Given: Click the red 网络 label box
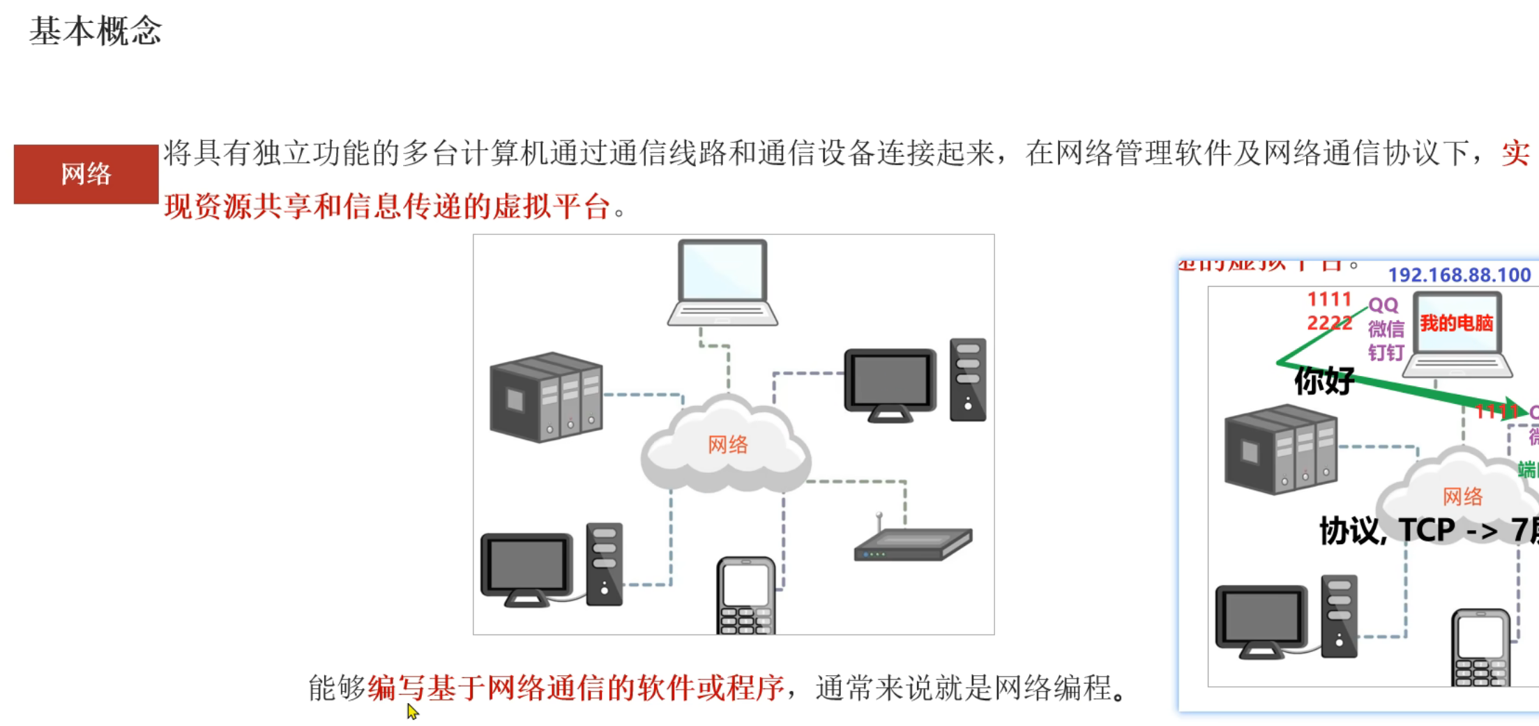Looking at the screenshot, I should tap(86, 174).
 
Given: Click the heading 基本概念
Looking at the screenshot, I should tap(96, 31).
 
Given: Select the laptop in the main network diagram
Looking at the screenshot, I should tap(723, 282).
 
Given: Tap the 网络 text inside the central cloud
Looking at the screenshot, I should tap(727, 444).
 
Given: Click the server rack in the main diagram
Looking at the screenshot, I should tap(546, 397).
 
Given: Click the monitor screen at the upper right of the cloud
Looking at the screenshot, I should tap(889, 381).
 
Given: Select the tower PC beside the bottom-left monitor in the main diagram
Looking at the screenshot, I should tap(604, 564).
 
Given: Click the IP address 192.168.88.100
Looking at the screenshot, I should tap(1459, 275).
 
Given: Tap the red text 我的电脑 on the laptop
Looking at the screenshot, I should tap(1457, 323).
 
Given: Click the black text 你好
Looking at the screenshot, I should tap(1324, 381).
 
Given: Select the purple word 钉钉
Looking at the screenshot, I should tap(1385, 352).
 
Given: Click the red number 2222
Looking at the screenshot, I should tap(1328, 323).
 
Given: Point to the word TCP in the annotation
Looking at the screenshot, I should tap(1426, 530).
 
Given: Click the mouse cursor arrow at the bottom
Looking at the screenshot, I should tap(412, 711).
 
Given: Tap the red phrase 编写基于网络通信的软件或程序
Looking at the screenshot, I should tap(575, 688).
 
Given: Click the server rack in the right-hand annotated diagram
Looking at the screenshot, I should tap(1280, 450).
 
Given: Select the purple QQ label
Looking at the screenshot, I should tap(1383, 305).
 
